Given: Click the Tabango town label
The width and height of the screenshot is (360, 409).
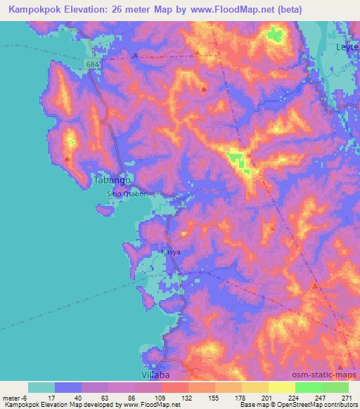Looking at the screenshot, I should point(112,180).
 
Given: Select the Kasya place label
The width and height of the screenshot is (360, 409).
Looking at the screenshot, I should point(171,251).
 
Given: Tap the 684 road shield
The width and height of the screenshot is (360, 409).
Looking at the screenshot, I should point(94,64).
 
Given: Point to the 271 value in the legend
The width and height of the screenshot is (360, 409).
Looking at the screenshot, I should point(346,397).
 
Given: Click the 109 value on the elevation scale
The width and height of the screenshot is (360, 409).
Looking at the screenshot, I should point(160,397).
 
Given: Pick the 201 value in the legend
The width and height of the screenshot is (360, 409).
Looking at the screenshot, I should point(266,397).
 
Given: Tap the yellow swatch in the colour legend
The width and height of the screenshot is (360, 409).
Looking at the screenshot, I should point(281,387).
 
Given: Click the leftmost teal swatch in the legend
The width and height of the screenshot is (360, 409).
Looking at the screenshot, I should point(41,387).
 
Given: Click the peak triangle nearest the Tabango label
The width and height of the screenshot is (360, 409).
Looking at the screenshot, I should point(67,158).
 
